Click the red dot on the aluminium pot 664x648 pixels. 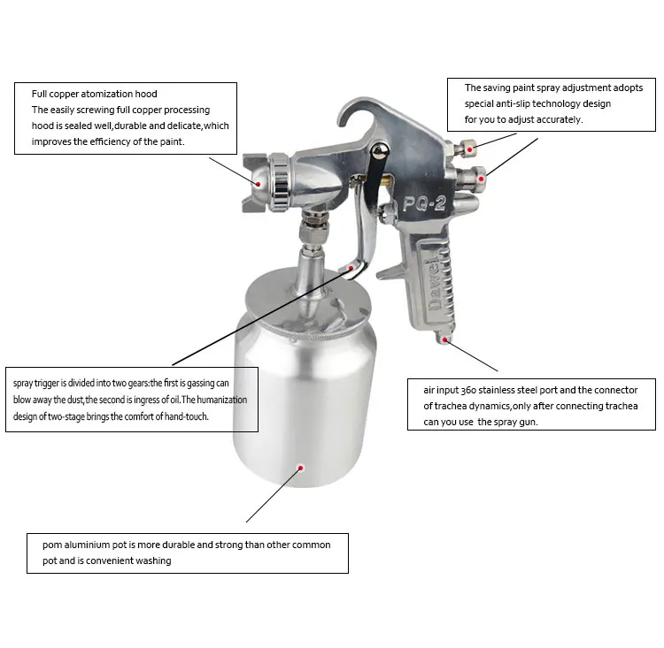(301, 468)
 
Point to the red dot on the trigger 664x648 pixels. (352, 266)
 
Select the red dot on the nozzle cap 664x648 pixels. (258, 184)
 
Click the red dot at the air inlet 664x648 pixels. (447, 339)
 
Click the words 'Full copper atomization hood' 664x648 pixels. (95, 94)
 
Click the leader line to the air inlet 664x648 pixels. (475, 355)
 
